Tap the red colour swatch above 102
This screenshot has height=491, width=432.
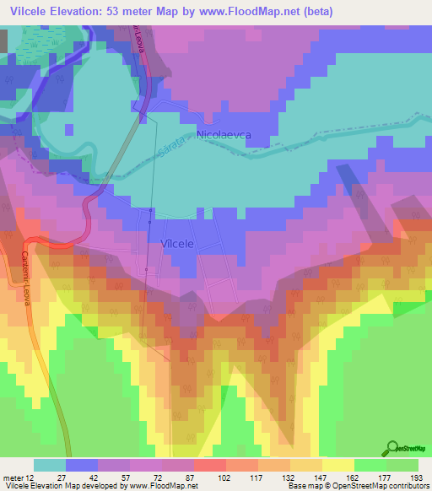tap(209, 465)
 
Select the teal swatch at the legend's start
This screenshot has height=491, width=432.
tap(50, 465)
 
